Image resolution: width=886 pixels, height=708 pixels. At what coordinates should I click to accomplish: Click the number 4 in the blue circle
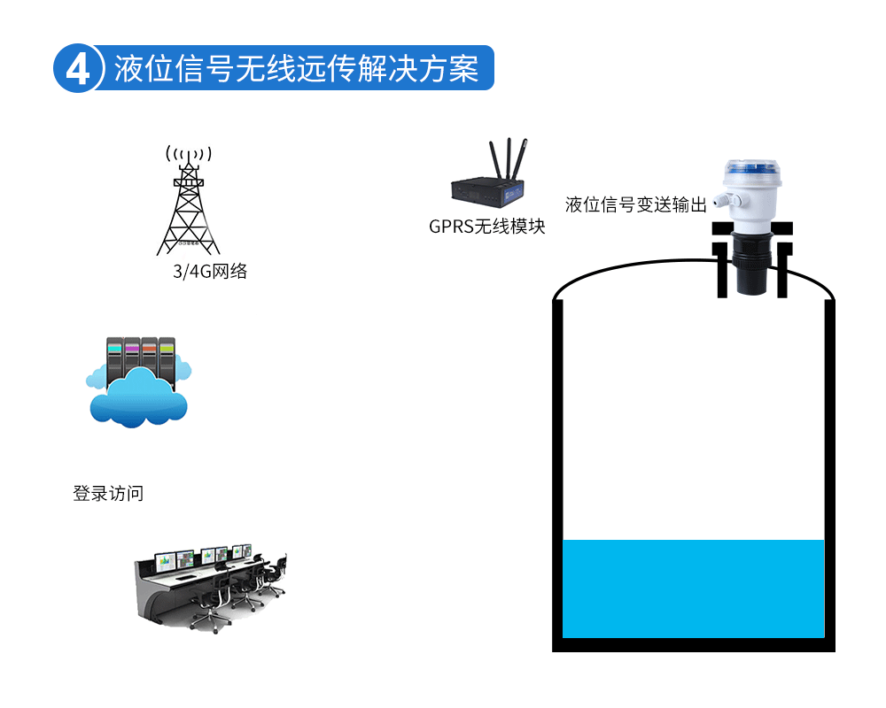(x=78, y=69)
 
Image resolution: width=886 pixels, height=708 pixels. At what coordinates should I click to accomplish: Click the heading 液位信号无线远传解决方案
(x=297, y=68)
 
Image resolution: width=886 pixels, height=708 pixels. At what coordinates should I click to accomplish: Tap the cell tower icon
(x=188, y=208)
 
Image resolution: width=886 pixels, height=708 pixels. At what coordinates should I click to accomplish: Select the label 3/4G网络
(x=210, y=272)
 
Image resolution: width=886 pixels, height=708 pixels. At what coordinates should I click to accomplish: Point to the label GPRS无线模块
(x=486, y=227)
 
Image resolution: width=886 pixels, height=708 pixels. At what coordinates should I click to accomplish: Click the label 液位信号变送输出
(x=635, y=205)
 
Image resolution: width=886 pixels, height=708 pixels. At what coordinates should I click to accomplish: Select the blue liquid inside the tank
(x=693, y=588)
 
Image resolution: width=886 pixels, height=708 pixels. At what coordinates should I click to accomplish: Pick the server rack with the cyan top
(x=114, y=358)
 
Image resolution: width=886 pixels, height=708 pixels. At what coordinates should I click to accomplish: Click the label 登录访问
(x=107, y=493)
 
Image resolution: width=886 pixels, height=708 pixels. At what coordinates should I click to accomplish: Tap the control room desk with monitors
(x=211, y=584)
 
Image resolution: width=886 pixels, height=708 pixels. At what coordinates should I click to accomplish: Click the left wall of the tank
(x=557, y=478)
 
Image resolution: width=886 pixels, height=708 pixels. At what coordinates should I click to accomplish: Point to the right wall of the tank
(x=829, y=478)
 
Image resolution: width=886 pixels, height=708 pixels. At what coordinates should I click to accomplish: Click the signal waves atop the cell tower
(x=187, y=154)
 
